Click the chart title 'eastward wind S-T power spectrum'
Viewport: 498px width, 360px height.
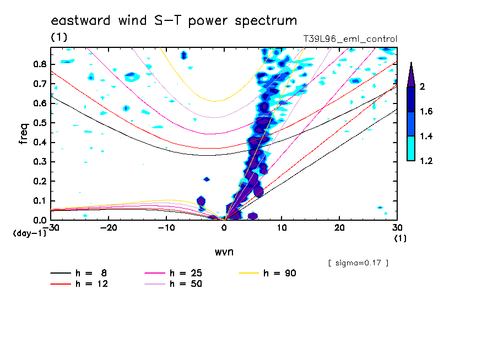pos(174,21)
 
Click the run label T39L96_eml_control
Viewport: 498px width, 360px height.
pos(350,39)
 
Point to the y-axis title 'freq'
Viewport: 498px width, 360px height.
pos(24,134)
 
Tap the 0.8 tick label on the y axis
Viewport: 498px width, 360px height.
pos(39,64)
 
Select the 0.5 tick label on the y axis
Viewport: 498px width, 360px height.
pos(39,122)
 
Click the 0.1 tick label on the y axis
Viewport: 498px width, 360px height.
pos(39,200)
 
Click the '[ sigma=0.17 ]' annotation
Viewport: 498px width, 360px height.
pos(358,263)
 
